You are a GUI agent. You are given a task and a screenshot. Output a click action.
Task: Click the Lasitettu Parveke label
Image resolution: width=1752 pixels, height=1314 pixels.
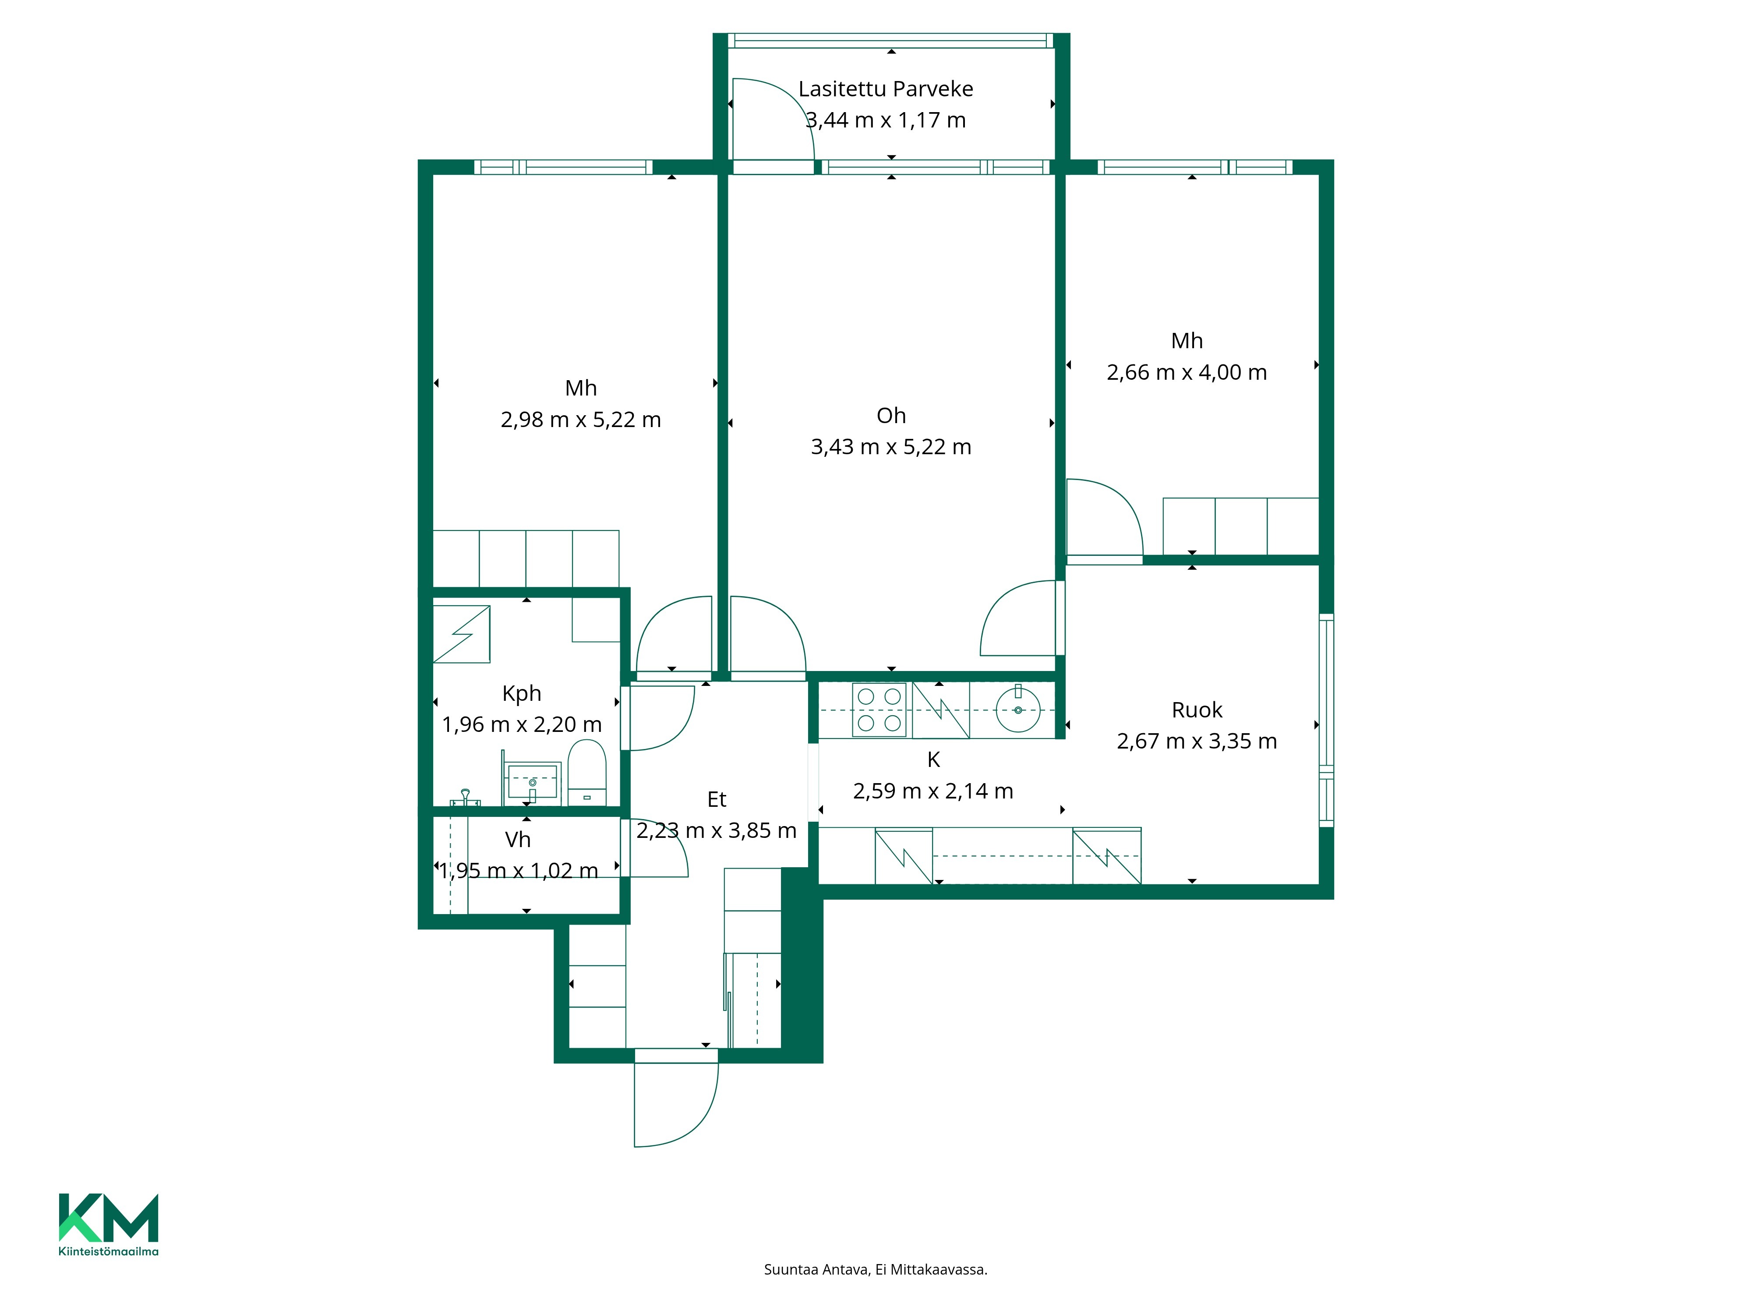tap(886, 89)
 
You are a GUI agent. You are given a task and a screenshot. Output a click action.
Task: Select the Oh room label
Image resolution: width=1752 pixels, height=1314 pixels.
tap(891, 415)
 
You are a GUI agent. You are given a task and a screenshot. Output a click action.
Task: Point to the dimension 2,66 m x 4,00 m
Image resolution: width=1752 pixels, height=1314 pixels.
tap(1187, 372)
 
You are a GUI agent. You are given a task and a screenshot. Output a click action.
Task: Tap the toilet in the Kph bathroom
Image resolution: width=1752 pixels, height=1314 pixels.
tap(587, 772)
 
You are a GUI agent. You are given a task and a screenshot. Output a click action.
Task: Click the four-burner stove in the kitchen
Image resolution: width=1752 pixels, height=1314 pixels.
tap(879, 710)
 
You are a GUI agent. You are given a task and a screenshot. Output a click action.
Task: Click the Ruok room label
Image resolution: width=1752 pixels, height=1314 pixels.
tap(1197, 710)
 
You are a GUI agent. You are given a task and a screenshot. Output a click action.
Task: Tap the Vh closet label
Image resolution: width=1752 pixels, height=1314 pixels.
tap(518, 840)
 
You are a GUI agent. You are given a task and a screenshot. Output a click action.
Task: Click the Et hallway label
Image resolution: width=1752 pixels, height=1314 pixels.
tap(717, 799)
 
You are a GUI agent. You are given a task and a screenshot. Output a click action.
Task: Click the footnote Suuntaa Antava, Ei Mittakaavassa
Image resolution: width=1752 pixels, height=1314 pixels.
tap(875, 1270)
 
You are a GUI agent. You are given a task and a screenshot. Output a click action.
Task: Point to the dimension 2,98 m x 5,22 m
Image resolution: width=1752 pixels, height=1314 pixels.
tap(580, 420)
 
